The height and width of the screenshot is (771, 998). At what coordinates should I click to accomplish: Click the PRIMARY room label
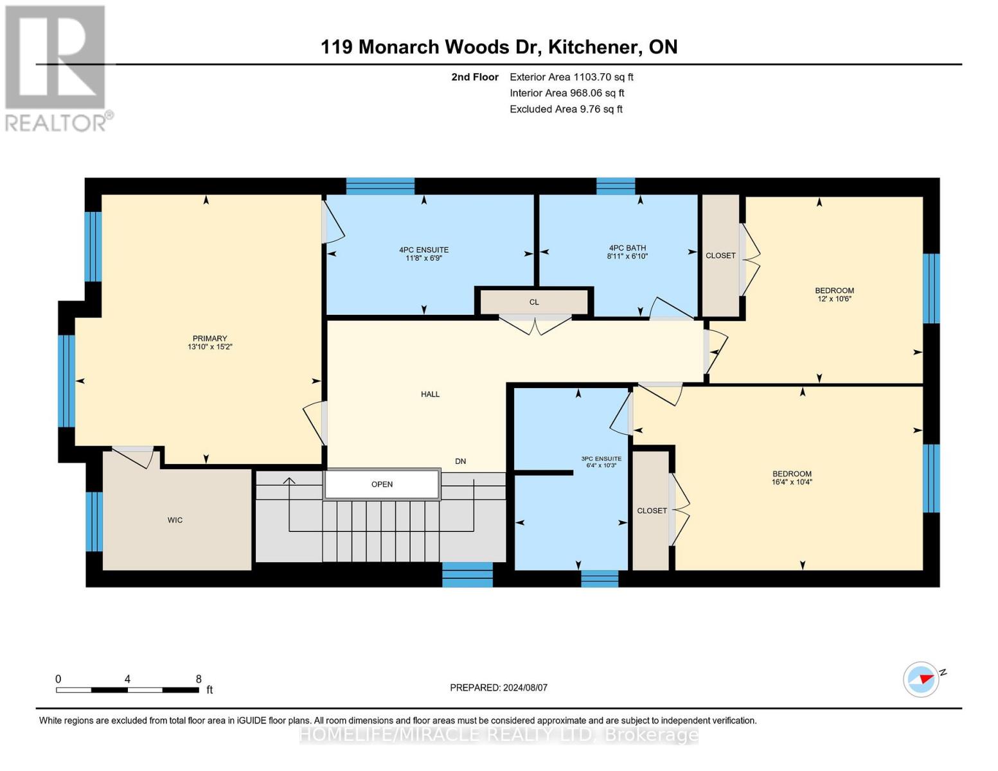(209, 339)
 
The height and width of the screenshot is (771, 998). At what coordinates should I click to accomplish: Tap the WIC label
(175, 520)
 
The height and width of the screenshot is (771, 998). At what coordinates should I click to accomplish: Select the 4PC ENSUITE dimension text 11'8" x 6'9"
(423, 258)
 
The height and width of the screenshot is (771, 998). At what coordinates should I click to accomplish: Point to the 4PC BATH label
(627, 248)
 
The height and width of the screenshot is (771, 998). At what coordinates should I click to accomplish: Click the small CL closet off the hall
(534, 302)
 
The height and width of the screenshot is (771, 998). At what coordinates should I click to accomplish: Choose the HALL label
(430, 394)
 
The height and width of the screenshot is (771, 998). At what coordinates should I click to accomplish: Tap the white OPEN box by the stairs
(382, 484)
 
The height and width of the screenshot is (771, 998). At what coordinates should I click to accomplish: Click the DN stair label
(460, 461)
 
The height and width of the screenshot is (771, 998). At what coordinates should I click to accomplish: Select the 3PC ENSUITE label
(601, 459)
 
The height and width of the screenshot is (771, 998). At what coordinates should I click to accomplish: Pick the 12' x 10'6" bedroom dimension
(834, 299)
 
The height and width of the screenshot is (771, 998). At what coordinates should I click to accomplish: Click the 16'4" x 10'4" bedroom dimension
(792, 482)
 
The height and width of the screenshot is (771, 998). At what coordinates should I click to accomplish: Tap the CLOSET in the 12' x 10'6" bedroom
(720, 256)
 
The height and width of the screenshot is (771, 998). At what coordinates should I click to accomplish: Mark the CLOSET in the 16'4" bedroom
(651, 511)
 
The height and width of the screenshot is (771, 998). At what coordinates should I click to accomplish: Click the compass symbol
(920, 679)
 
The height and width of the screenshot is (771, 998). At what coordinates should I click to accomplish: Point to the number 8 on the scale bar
(199, 679)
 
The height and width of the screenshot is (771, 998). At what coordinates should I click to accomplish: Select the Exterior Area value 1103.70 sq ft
(603, 77)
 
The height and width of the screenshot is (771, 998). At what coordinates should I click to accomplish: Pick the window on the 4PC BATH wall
(616, 186)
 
